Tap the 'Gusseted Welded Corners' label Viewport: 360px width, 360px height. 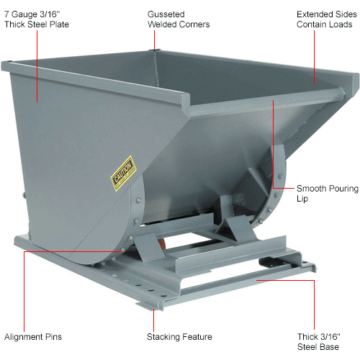coord(178,19)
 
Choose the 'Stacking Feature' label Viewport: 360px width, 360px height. coord(179,336)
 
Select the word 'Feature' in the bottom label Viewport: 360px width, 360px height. coord(197,336)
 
